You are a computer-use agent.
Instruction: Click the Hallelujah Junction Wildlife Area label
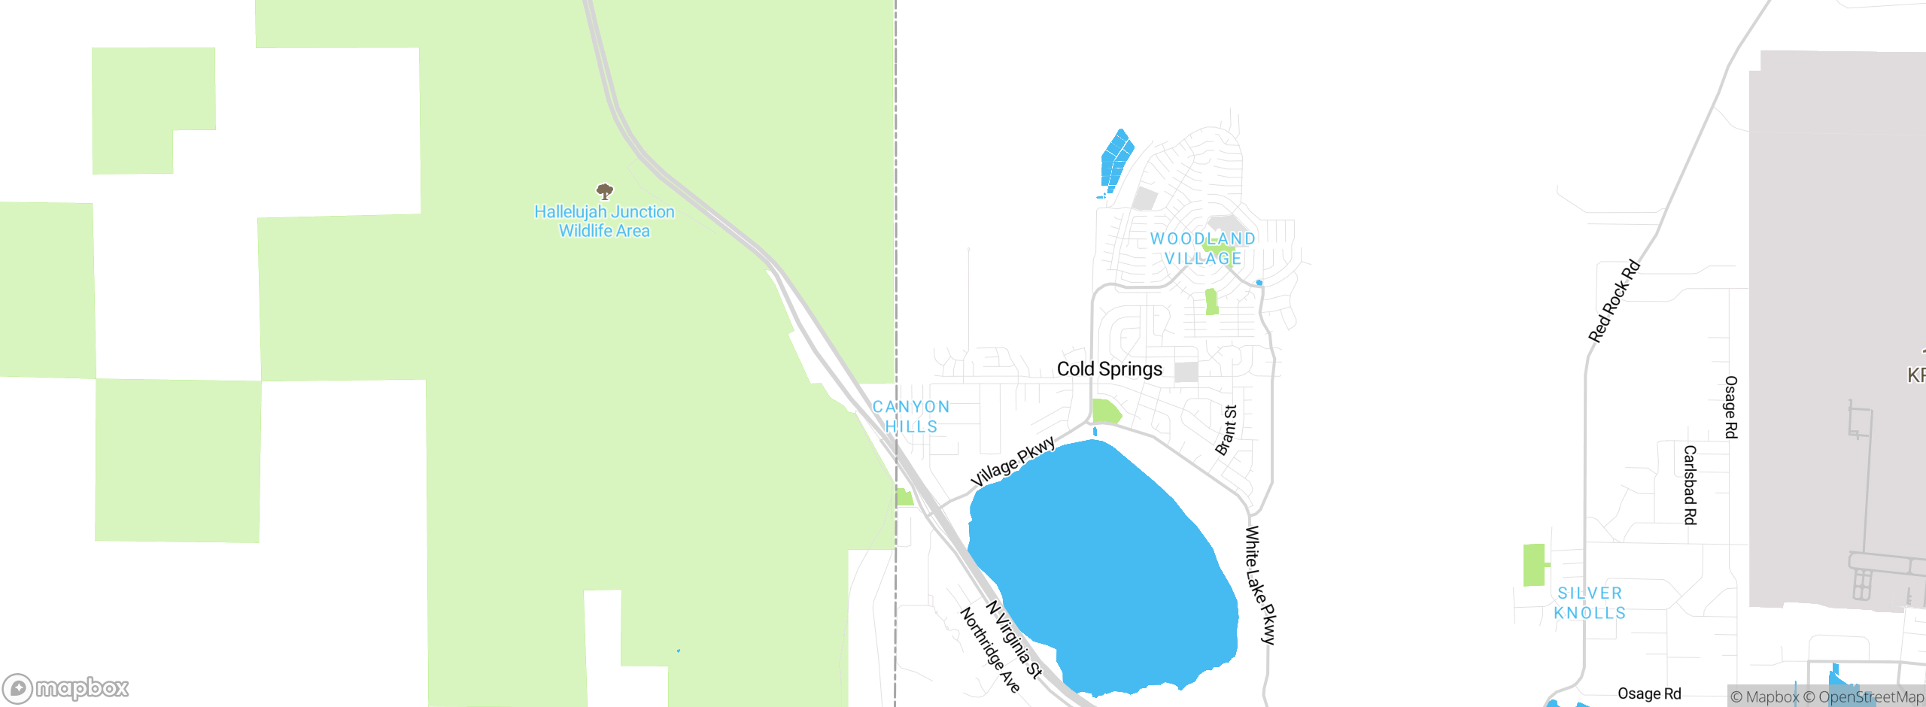(604, 222)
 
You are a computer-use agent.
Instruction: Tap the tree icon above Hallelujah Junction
(604, 191)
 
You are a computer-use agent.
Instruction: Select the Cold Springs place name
(1109, 369)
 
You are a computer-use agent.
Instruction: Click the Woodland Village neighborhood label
(1202, 248)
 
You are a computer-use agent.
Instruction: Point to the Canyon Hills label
(911, 417)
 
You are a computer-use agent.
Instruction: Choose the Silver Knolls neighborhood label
(1590, 603)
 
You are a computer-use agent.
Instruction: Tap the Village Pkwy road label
(1013, 462)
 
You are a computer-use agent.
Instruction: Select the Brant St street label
(1226, 430)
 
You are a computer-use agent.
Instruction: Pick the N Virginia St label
(1014, 639)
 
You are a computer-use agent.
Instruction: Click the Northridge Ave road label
(990, 650)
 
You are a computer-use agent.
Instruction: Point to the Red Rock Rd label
(1614, 301)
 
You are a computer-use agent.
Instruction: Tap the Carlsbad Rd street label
(1690, 485)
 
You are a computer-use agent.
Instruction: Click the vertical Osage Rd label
(1730, 408)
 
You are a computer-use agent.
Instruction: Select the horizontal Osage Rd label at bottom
(1649, 693)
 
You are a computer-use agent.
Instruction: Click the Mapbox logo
(66, 688)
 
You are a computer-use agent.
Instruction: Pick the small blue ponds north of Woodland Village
(1116, 159)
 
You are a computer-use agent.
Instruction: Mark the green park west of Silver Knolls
(1534, 565)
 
